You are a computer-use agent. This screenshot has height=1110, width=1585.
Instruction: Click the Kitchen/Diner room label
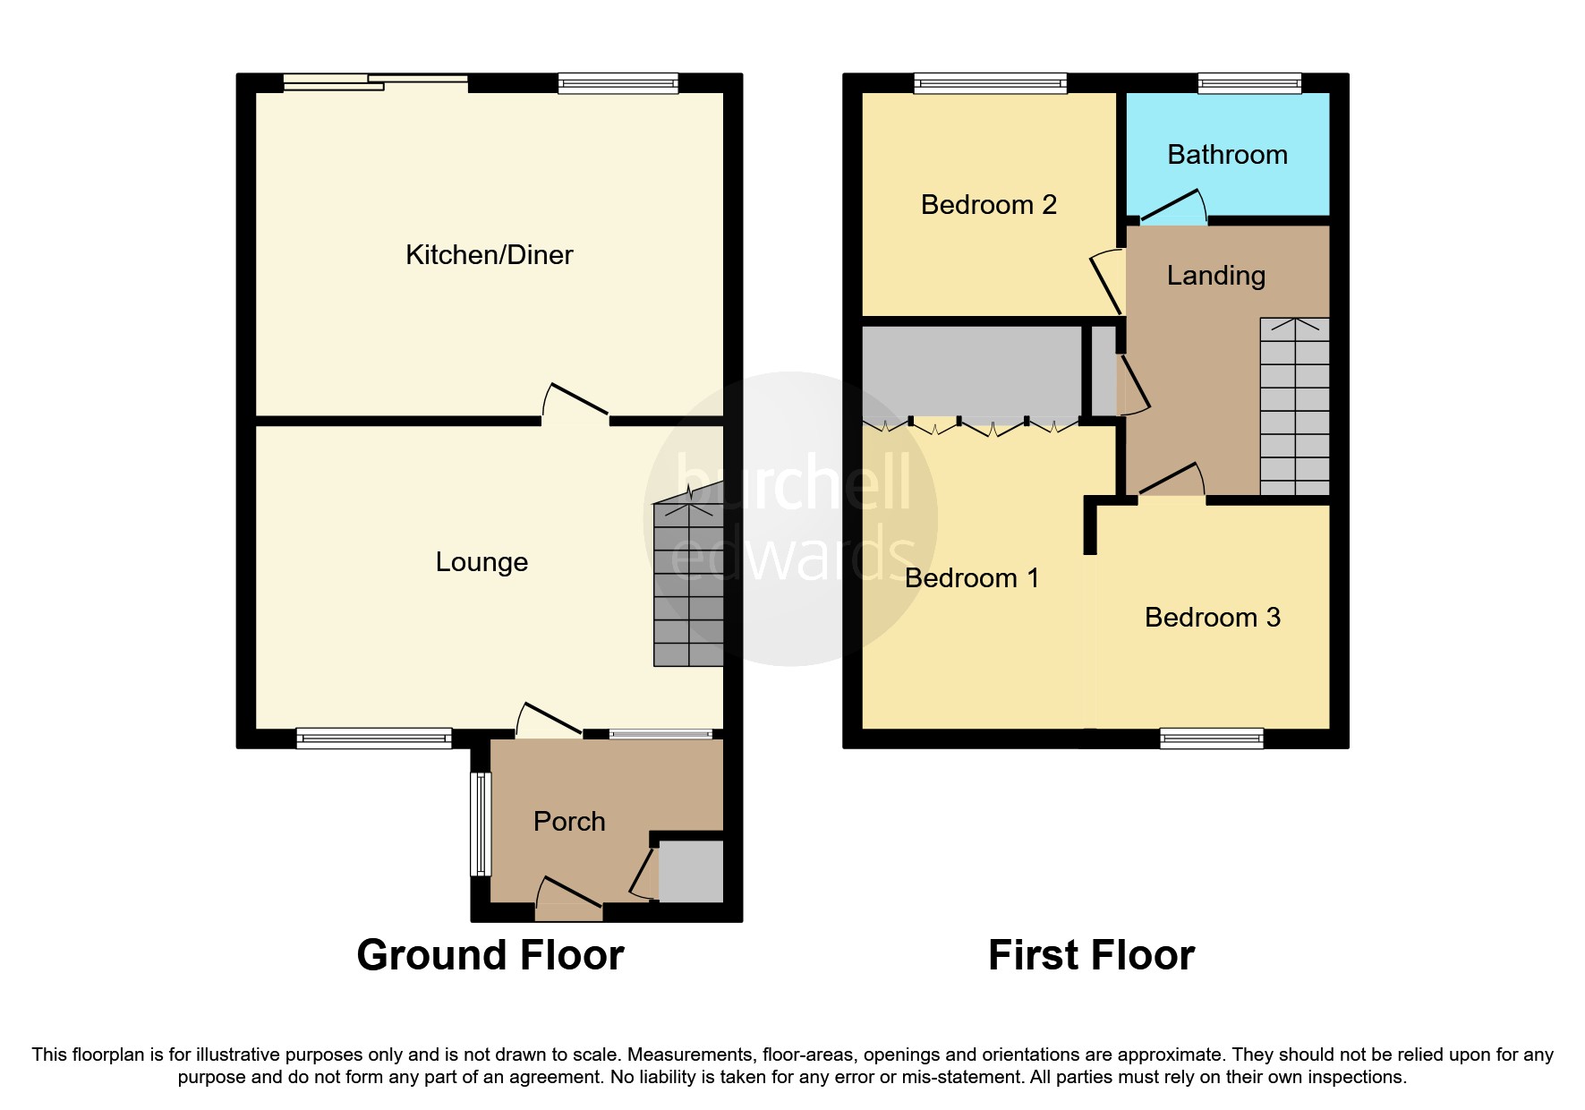(x=489, y=255)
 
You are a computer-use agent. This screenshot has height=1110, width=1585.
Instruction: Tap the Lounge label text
(x=481, y=562)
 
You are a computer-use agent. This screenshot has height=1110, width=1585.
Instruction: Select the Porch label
(x=569, y=822)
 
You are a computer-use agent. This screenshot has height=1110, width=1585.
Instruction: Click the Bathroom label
(x=1227, y=155)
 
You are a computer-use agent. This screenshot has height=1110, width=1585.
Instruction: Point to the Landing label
(x=1215, y=276)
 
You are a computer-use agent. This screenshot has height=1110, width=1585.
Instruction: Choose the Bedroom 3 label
(x=1212, y=618)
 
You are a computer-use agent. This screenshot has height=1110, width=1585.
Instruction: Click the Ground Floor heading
(x=490, y=955)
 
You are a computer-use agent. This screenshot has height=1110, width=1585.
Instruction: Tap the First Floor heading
(x=1090, y=955)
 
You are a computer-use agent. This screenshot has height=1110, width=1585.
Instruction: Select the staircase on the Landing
(x=1294, y=407)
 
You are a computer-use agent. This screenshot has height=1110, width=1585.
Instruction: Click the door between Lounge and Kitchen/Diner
(x=576, y=402)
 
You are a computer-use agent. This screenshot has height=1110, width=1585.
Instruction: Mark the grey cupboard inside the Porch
(x=690, y=871)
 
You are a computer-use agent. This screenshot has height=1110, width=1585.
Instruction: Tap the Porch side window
(x=481, y=824)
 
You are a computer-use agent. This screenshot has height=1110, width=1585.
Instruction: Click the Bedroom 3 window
(x=1211, y=739)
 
